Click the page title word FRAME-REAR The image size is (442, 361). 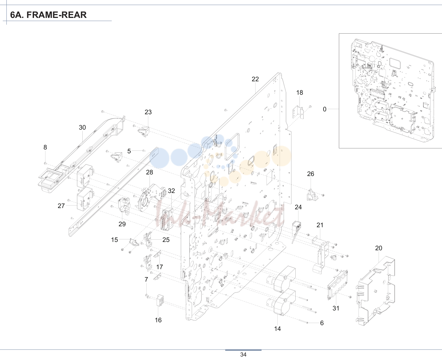click(56, 15)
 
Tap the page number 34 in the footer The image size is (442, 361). click(243, 355)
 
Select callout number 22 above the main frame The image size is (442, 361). click(255, 79)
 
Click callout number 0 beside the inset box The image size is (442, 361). click(324, 109)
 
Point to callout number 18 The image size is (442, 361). click(299, 92)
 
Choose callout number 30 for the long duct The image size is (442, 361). click(82, 127)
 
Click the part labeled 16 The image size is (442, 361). click(160, 300)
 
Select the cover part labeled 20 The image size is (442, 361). click(375, 291)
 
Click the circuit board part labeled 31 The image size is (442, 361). click(338, 285)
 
